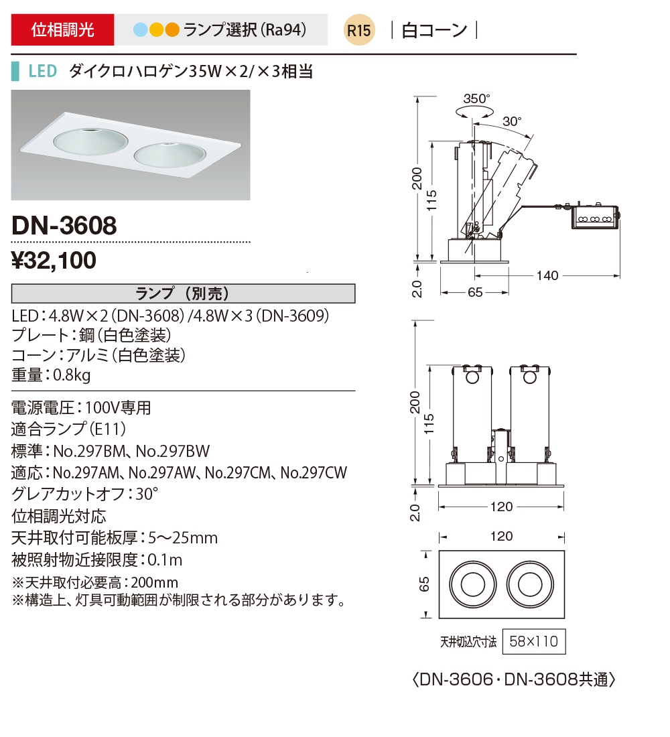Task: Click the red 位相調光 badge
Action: [63, 30]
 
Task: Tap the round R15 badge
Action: [358, 31]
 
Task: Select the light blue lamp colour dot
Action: [140, 30]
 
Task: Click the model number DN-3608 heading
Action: [64, 225]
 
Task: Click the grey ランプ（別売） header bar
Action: [183, 293]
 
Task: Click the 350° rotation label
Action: [476, 98]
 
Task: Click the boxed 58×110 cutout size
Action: [533, 642]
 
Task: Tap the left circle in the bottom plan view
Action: [471, 584]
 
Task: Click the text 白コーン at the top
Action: [434, 31]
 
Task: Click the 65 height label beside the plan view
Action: [423, 584]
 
